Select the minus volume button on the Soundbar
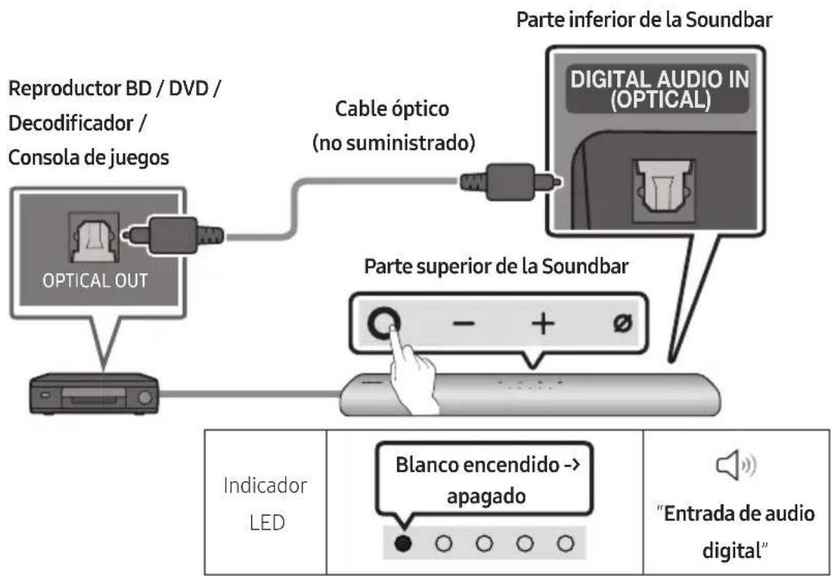click(461, 324)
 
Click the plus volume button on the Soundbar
click(543, 324)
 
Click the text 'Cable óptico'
click(392, 109)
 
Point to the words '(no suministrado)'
click(392, 143)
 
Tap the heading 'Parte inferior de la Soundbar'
click(645, 20)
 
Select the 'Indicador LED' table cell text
click(263, 504)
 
